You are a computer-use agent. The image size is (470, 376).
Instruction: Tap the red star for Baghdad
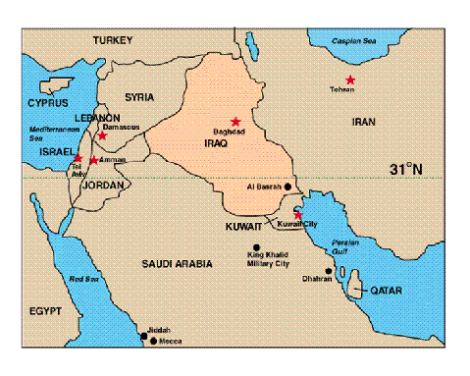[x=235, y=122]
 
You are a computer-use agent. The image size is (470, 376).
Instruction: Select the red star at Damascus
[x=102, y=135]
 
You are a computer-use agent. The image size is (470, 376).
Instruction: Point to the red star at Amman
[x=93, y=160]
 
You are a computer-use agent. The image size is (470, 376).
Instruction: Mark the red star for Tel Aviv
[x=78, y=157]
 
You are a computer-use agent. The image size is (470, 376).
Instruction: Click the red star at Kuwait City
[x=299, y=214]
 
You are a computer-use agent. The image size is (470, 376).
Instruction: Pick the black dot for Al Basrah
[x=287, y=186]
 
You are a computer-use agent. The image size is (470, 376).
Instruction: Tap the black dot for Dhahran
[x=329, y=270]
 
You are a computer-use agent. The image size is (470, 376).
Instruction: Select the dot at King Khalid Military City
[x=257, y=247]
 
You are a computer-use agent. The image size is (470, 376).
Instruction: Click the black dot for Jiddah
[x=145, y=336]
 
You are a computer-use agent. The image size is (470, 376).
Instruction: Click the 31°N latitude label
[x=404, y=169]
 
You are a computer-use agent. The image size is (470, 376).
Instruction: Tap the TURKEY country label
[x=113, y=39]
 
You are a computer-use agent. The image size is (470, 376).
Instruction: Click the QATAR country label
[x=383, y=291]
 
